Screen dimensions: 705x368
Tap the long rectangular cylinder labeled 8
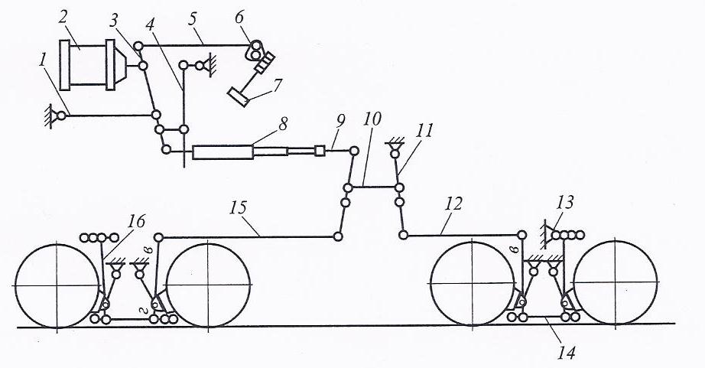(x=223, y=152)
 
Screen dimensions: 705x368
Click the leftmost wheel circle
(x=57, y=286)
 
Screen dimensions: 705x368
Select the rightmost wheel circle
(x=616, y=285)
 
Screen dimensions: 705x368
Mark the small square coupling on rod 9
(x=320, y=151)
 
